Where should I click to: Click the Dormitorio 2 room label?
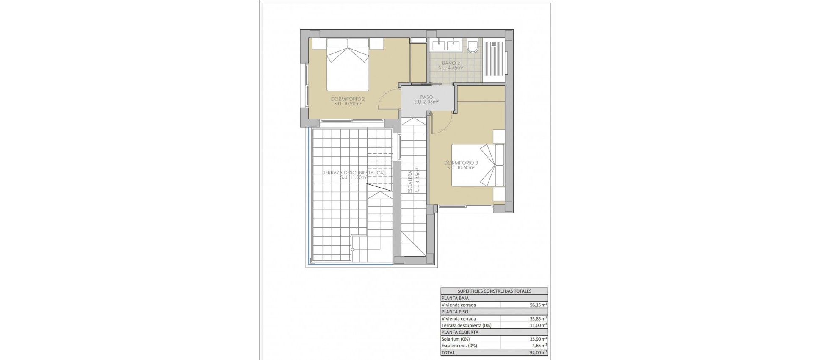point(348,101)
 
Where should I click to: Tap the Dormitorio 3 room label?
point(461,165)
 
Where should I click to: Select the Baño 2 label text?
point(451,65)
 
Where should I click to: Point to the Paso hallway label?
point(426,99)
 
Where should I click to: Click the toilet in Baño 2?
point(473,46)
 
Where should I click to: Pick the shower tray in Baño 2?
point(495,60)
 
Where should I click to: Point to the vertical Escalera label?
point(410,182)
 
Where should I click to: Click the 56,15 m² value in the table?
point(539,305)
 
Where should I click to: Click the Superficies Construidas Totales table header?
point(494,291)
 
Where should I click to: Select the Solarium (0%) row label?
point(456,339)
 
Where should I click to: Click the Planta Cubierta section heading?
point(459,332)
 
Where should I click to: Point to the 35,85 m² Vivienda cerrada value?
point(539,319)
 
